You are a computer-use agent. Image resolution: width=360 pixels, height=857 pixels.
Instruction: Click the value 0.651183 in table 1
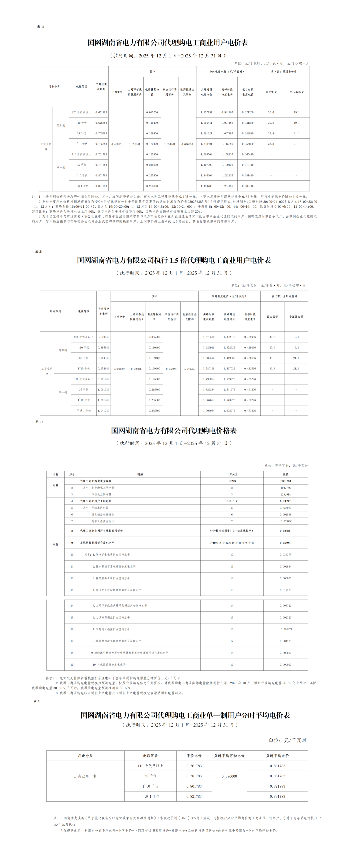(101, 112)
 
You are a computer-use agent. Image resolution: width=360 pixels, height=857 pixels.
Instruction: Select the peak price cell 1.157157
(206, 112)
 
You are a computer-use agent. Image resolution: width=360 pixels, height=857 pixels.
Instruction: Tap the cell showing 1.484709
(206, 186)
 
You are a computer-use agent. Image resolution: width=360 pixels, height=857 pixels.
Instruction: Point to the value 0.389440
(248, 186)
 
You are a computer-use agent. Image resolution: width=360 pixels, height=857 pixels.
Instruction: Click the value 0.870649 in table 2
(103, 337)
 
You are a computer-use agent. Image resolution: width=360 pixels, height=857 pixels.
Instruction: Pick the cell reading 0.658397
(119, 369)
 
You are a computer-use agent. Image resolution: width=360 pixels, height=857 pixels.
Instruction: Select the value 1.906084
(209, 411)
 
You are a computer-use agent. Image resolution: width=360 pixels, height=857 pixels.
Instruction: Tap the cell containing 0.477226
(250, 411)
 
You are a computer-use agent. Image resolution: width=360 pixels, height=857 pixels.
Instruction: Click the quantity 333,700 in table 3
(286, 481)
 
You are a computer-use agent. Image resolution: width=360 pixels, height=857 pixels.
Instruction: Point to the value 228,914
(286, 495)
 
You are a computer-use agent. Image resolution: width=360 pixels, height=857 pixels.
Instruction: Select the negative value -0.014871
(286, 629)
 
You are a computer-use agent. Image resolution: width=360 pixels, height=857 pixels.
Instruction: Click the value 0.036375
(286, 555)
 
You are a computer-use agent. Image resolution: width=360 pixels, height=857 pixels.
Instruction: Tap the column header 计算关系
(232, 474)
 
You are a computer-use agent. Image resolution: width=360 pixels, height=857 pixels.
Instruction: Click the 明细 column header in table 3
(140, 474)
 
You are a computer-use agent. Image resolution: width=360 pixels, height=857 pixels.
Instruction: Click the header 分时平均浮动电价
(229, 756)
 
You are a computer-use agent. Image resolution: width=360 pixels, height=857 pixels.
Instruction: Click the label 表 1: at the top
(40, 27)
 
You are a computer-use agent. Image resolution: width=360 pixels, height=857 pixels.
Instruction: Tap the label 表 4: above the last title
(37, 701)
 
